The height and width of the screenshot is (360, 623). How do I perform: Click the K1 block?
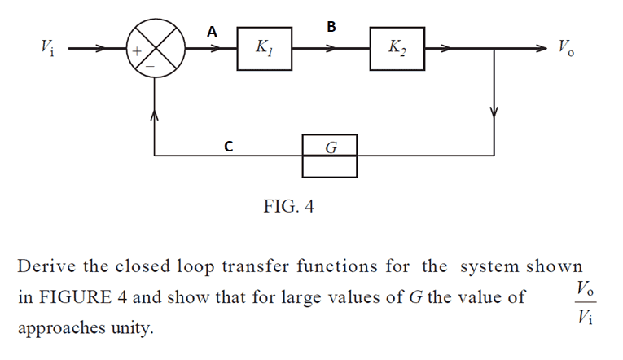[264, 49]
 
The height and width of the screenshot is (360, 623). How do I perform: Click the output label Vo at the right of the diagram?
[566, 47]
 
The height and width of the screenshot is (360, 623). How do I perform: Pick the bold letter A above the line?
[212, 32]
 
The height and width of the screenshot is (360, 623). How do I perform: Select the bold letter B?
[331, 27]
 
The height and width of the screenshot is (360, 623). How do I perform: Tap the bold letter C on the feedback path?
[229, 147]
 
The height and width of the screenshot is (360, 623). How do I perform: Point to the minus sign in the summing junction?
[151, 66]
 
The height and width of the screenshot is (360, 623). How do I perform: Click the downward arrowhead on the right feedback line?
[494, 111]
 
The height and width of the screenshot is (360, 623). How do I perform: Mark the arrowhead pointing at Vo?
[541, 49]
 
